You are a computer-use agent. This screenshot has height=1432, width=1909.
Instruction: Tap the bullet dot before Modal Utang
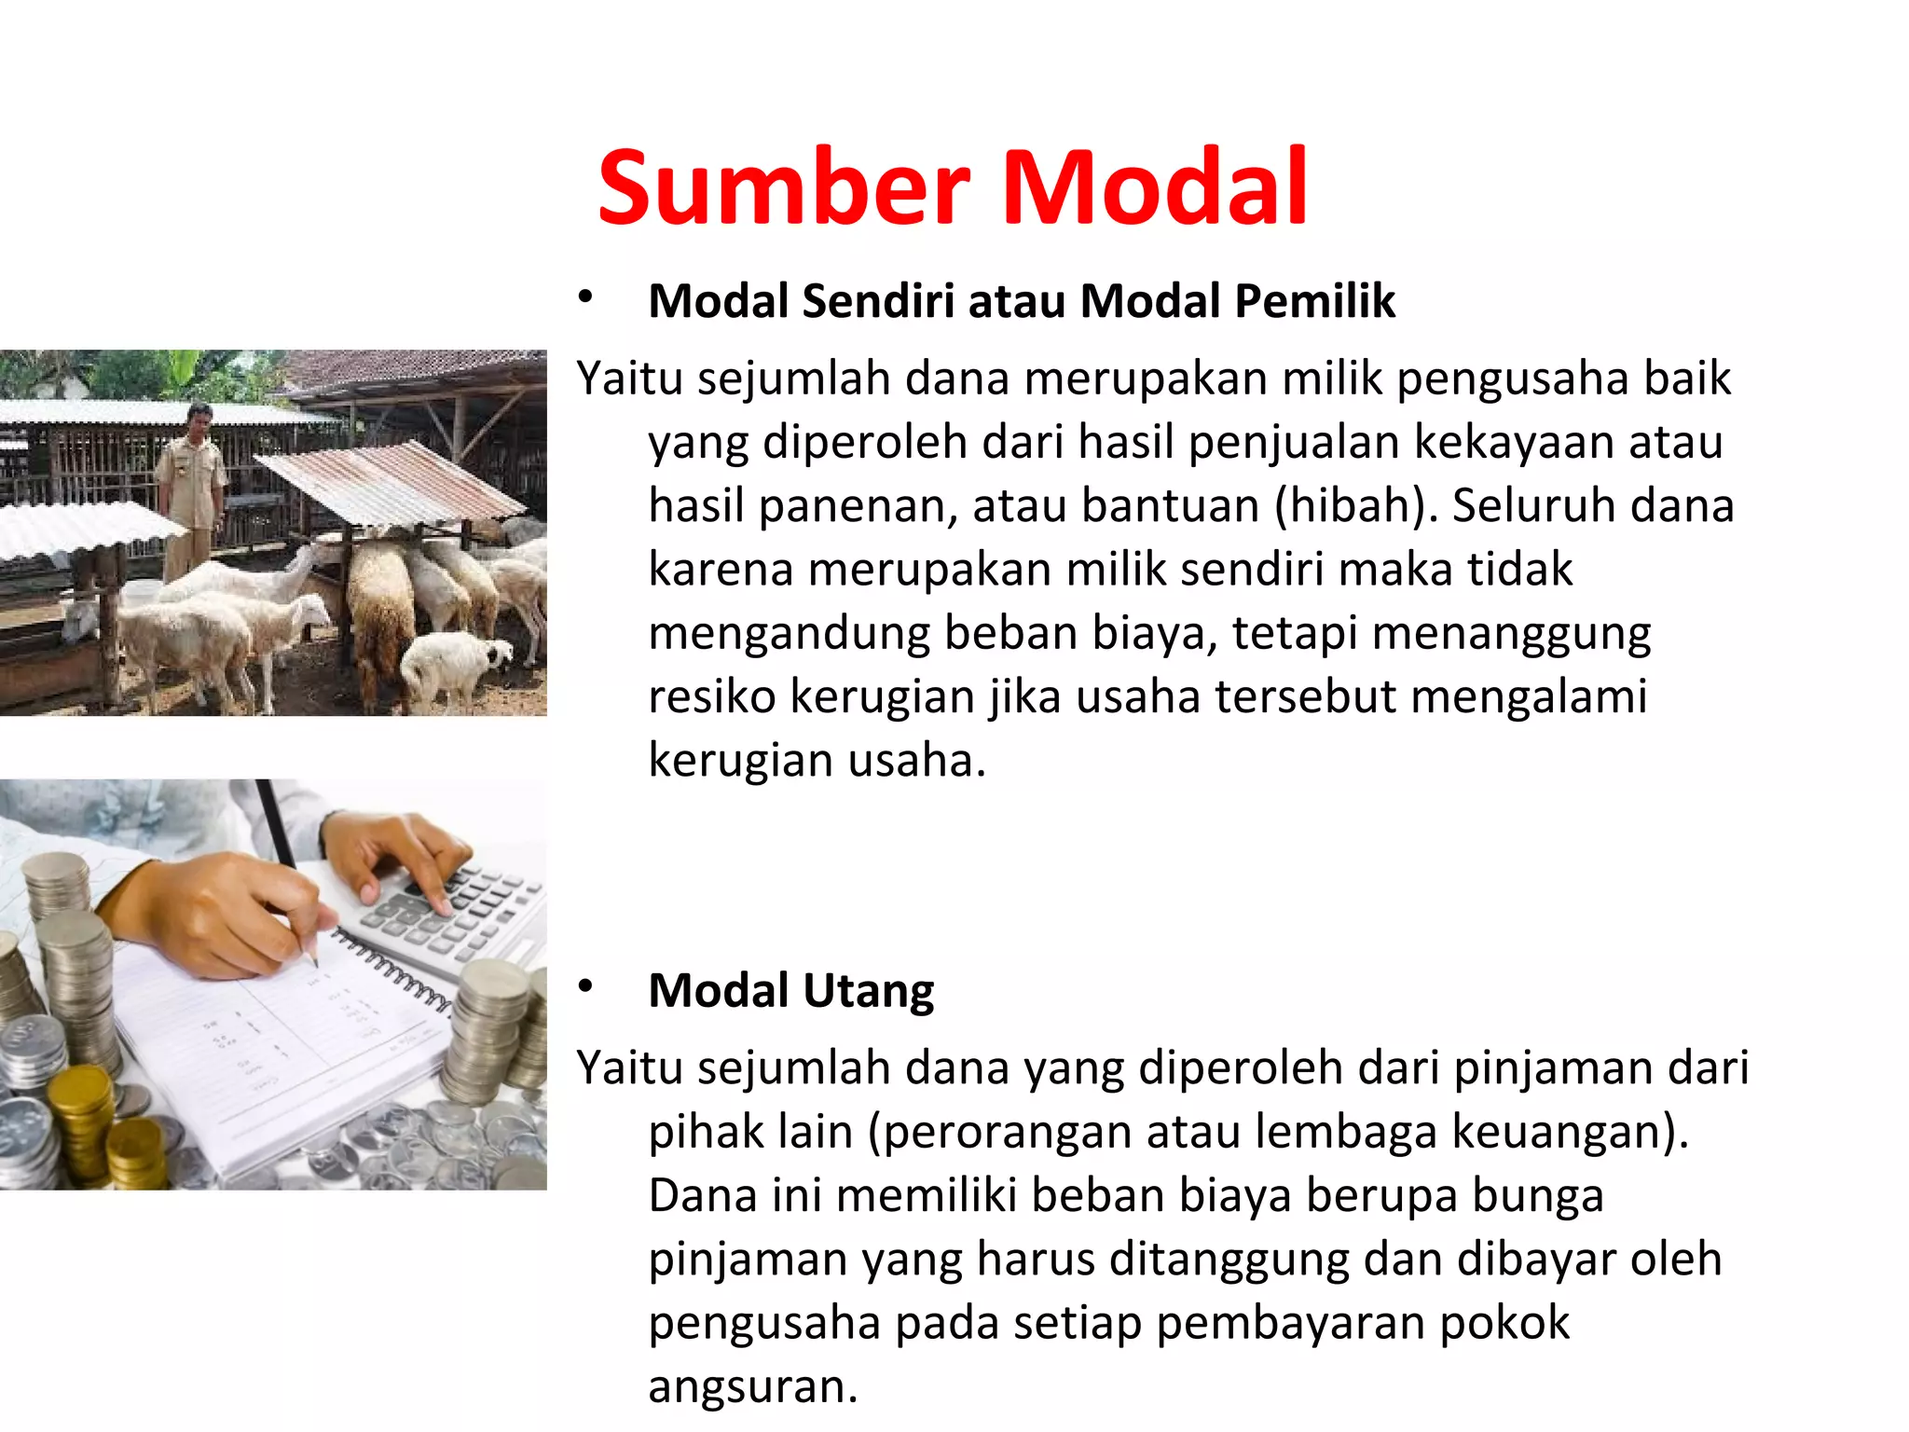[585, 986]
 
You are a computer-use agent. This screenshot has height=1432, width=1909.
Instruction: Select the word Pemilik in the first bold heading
[1315, 301]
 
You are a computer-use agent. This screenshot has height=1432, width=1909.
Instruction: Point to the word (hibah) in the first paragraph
[1351, 506]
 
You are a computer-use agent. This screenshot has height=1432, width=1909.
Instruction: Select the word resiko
[712, 696]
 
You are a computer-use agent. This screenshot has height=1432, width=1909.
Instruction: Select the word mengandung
[789, 634]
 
